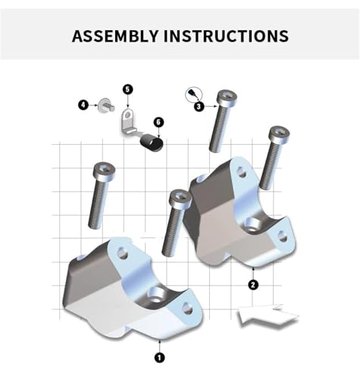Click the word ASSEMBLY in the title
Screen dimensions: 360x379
coord(115,36)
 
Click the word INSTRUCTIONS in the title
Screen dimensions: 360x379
coord(226,36)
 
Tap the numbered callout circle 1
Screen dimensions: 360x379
coord(159,358)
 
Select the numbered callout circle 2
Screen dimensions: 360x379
coord(253,285)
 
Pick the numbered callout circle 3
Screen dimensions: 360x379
coord(199,106)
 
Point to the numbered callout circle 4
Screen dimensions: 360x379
coord(83,105)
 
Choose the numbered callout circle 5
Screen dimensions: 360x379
coord(128,89)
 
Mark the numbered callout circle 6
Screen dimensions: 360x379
coord(158,122)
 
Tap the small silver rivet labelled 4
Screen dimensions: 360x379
coord(106,106)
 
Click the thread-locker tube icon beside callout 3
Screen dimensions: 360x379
coord(194,94)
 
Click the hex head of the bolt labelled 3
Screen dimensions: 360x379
coord(227,97)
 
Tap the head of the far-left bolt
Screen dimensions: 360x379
coord(104,170)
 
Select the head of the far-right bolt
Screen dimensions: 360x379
coord(279,133)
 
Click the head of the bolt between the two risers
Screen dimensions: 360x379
coord(181,197)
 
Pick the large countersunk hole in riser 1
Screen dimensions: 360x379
coord(157,295)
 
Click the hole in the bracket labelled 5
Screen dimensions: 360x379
coord(128,115)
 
